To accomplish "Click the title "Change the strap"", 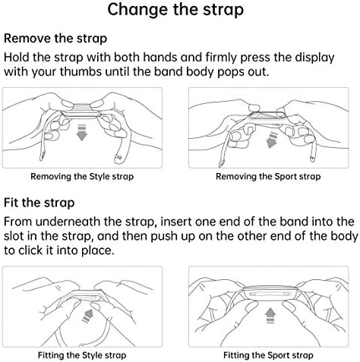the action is click(x=175, y=10).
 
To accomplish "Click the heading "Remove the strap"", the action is click(x=55, y=39).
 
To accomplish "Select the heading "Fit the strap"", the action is click(x=39, y=203).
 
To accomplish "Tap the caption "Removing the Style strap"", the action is click(x=82, y=176).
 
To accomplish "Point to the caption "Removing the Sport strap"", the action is click(x=268, y=176).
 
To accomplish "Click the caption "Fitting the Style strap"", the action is click(x=82, y=355).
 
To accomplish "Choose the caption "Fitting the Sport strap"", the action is click(x=268, y=355).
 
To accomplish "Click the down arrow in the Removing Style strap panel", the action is click(x=82, y=133).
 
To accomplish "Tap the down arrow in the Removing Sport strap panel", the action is click(x=272, y=140).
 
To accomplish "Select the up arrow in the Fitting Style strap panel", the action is click(x=87, y=316).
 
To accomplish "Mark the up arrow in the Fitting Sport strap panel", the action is click(x=270, y=315).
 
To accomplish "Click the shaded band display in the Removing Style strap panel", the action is click(x=81, y=108).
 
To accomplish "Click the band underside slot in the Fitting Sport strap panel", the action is click(x=270, y=294).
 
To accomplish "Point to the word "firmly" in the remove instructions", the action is click(x=221, y=58).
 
